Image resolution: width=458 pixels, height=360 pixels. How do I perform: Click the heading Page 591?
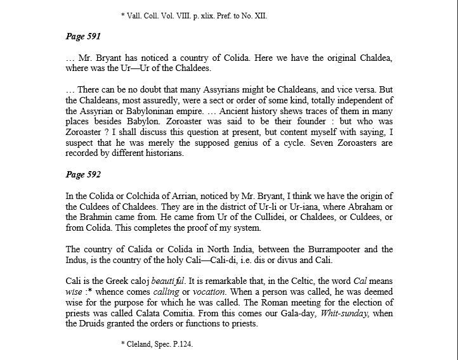click(x=84, y=36)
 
